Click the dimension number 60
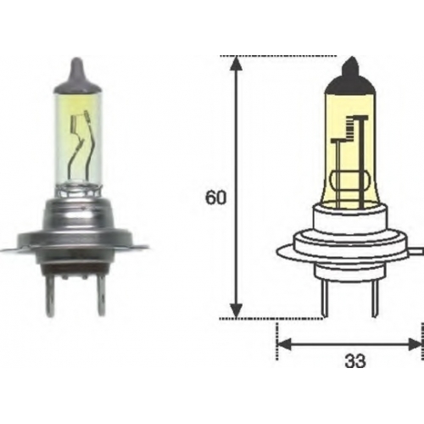(x=215, y=198)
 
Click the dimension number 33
(x=355, y=361)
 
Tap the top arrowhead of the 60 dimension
(x=236, y=64)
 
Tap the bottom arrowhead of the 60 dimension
(x=236, y=310)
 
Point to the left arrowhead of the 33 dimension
(x=283, y=344)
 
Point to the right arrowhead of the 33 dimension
(x=414, y=344)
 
